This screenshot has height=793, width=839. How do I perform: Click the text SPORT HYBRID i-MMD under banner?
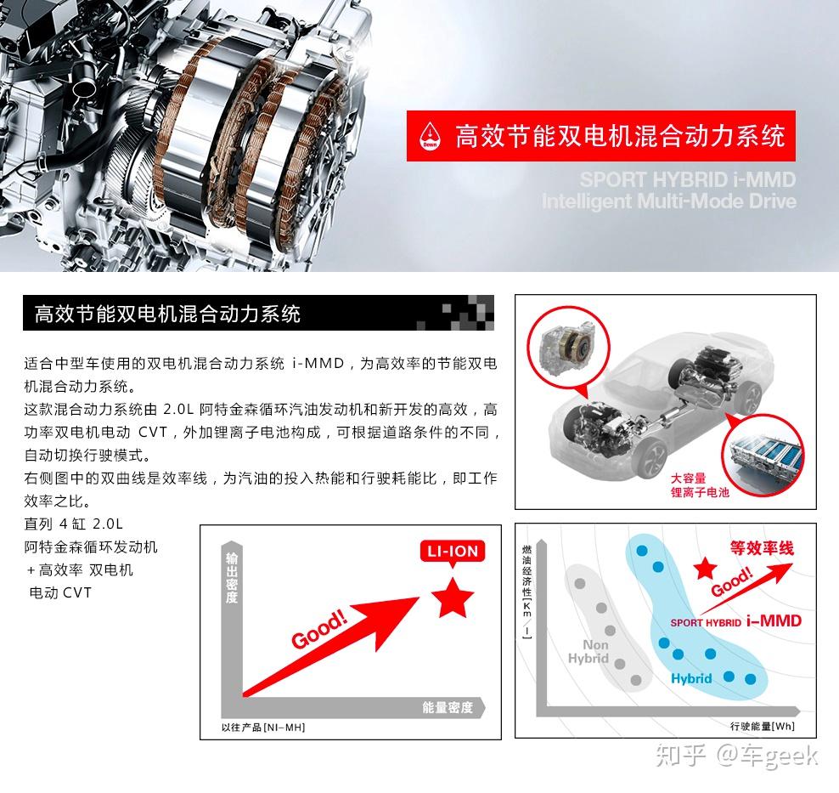(x=688, y=180)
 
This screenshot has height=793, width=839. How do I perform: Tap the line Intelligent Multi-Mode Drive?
(x=669, y=201)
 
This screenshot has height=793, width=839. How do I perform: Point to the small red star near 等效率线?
(x=703, y=569)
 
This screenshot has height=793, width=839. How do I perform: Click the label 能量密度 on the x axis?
(x=447, y=707)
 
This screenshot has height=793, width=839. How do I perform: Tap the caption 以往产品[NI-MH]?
(x=262, y=728)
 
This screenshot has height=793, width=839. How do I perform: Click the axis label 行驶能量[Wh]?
(x=762, y=726)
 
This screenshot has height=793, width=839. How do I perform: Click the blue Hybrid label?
(x=691, y=678)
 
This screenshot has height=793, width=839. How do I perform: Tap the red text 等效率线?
(x=762, y=548)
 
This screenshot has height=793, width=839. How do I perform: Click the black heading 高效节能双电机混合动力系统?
(x=167, y=314)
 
